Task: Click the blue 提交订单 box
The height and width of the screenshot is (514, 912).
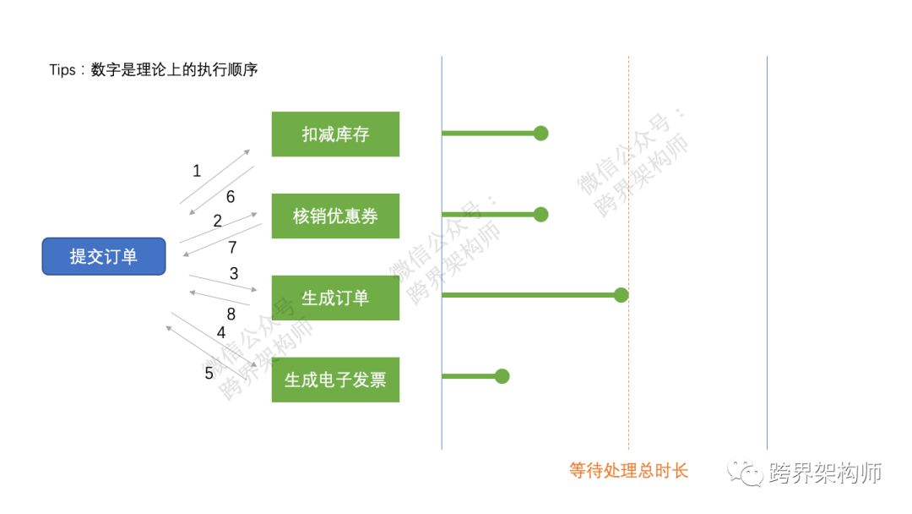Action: (104, 256)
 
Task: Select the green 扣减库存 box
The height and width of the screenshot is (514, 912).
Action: (335, 134)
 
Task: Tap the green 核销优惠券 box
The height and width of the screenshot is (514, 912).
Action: (335, 216)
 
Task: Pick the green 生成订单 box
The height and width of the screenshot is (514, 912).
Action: (335, 298)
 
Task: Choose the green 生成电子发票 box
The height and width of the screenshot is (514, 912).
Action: (335, 380)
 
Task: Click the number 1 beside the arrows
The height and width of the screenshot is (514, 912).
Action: (197, 171)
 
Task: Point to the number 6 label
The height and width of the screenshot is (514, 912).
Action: (230, 197)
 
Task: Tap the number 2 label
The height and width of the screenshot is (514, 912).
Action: (217, 221)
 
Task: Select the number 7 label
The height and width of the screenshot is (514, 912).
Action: (232, 248)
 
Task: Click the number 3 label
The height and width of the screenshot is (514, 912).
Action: (234, 274)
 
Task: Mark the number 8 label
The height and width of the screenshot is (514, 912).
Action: (231, 314)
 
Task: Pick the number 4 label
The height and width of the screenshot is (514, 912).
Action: (221, 333)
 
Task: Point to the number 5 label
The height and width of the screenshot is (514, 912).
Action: (209, 373)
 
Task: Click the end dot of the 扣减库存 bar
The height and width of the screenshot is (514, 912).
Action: (541, 133)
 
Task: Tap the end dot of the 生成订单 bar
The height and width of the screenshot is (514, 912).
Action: (622, 295)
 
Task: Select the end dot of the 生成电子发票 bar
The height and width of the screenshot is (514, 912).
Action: (502, 376)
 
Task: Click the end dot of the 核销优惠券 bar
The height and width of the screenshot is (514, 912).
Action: (541, 215)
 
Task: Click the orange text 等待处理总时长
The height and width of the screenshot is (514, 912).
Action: (629, 471)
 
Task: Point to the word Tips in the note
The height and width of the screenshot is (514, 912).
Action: (62, 70)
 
